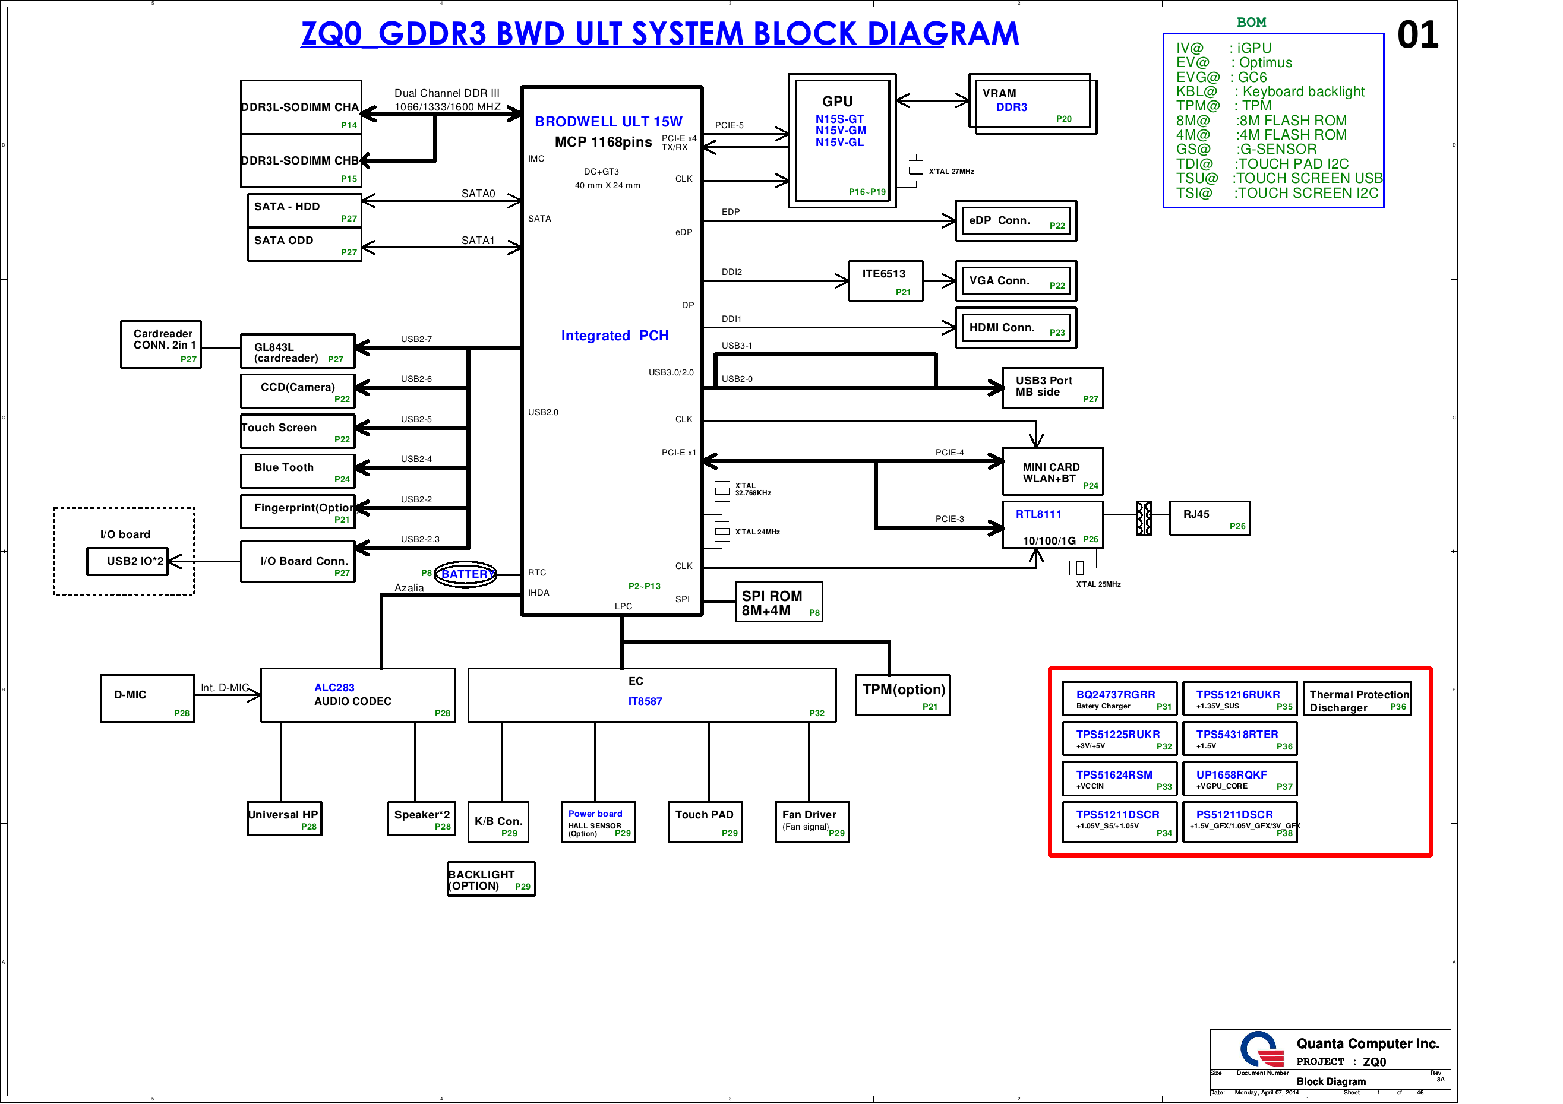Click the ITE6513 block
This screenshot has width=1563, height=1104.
click(x=885, y=280)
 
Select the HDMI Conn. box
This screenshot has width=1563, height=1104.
click(x=1015, y=328)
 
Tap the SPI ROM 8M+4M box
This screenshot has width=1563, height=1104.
click(x=779, y=602)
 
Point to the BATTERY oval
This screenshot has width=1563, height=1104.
click(x=466, y=574)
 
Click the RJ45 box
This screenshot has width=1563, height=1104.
click(x=1209, y=518)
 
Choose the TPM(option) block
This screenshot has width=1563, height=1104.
click(x=902, y=695)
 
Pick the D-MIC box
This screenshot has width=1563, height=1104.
click(x=147, y=698)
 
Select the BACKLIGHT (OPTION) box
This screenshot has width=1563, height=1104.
click(x=491, y=880)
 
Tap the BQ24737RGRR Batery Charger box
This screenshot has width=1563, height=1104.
click(x=1119, y=699)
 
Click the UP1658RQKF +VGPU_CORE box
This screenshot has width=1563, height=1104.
click(x=1239, y=779)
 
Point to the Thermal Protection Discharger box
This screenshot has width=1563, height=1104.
click(x=1358, y=699)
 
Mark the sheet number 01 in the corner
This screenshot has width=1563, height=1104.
click(x=1417, y=36)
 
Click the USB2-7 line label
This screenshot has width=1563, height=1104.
click(x=416, y=339)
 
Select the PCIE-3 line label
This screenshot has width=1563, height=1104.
click(x=949, y=518)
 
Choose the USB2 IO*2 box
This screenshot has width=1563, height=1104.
click(x=127, y=562)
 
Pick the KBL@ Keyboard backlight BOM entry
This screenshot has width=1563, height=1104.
click(x=1270, y=92)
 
